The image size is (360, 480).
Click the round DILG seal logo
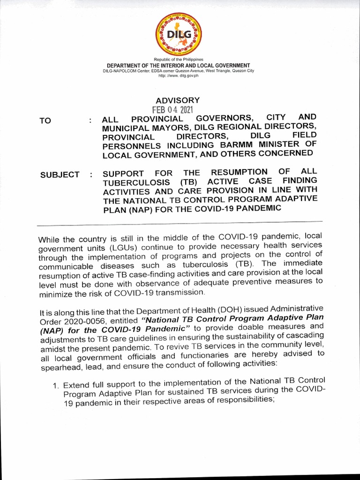(177, 33)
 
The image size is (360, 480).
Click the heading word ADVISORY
(178, 100)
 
